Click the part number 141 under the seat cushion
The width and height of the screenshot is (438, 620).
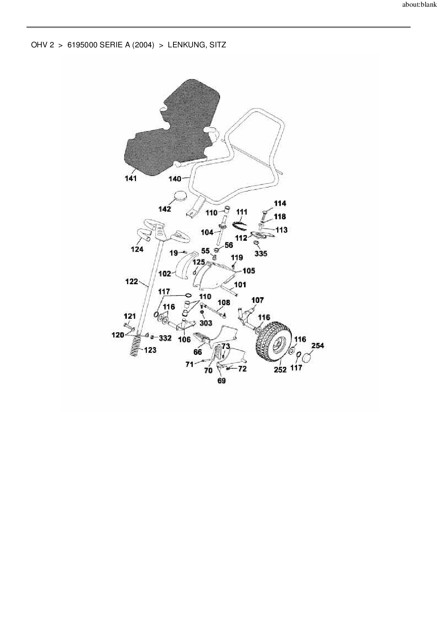[x=131, y=179]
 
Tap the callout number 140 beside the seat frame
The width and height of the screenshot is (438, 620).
[x=175, y=179]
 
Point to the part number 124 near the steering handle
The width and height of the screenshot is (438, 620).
[x=137, y=250]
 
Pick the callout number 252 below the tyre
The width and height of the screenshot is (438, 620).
[x=280, y=370]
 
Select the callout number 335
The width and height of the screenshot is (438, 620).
[x=261, y=253]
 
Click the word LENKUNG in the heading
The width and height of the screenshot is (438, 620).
[x=185, y=45]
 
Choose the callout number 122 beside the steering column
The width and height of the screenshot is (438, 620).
[x=132, y=282]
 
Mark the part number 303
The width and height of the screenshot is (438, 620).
[x=206, y=323]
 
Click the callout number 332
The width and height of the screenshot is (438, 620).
[x=165, y=338]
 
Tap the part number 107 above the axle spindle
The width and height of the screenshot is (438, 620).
[x=258, y=300]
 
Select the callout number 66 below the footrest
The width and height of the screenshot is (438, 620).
[x=198, y=352]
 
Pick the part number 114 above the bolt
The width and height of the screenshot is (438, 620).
[x=280, y=203]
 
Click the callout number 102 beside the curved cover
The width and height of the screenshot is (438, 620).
[x=165, y=273]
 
